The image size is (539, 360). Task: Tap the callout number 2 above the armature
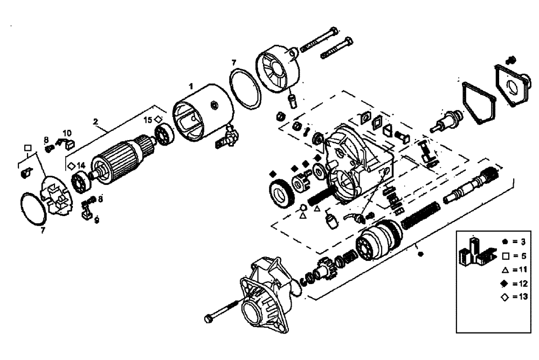pyautogui.click(x=95, y=122)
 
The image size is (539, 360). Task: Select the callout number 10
pyautogui.click(x=67, y=133)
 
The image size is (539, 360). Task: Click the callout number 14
pyautogui.click(x=81, y=165)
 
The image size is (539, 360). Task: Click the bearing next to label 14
pyautogui.click(x=80, y=183)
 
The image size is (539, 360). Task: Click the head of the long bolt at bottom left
pyautogui.click(x=209, y=318)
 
